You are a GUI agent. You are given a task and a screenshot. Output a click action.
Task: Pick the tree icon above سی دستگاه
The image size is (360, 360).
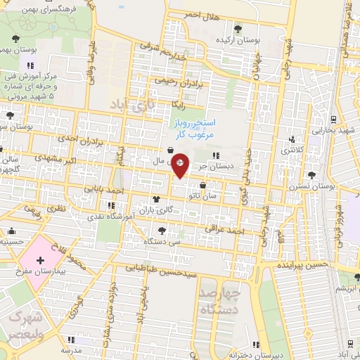click(x=163, y=230)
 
